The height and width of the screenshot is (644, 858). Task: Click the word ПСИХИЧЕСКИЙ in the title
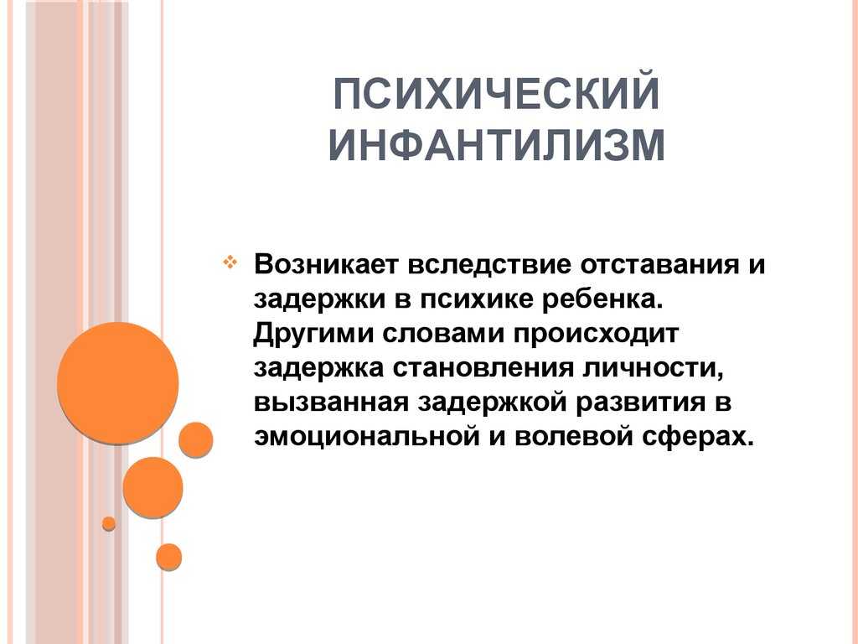[x=496, y=94]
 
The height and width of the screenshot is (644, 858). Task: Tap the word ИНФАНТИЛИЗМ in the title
[x=497, y=145]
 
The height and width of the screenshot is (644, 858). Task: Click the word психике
[x=476, y=301]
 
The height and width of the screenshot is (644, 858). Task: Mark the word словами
[x=442, y=334]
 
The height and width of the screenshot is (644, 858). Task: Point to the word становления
[x=483, y=369]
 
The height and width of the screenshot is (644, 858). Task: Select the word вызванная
[x=331, y=403]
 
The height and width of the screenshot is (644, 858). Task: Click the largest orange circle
[x=117, y=382]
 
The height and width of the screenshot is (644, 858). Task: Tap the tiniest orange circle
[x=109, y=523]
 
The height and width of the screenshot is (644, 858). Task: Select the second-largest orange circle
[x=152, y=487]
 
